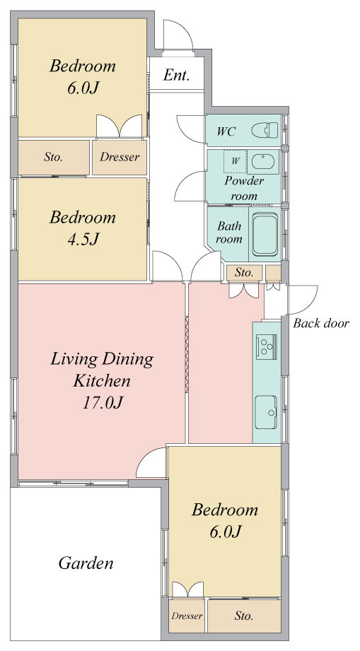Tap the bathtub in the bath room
point(265,235)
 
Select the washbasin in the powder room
point(263,162)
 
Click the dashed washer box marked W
point(235,161)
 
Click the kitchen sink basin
point(266,412)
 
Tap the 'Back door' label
point(321,324)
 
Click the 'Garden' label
point(86,563)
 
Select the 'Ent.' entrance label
point(177,75)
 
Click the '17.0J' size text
point(102,403)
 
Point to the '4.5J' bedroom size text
point(83,239)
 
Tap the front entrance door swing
point(178,36)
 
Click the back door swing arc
point(302,300)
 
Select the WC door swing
point(190,129)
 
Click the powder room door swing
point(190,186)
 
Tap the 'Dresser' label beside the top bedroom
point(120,158)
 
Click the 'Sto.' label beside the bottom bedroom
point(244,616)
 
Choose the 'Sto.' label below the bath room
point(244,273)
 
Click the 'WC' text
point(226,131)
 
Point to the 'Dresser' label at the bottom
point(187,616)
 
